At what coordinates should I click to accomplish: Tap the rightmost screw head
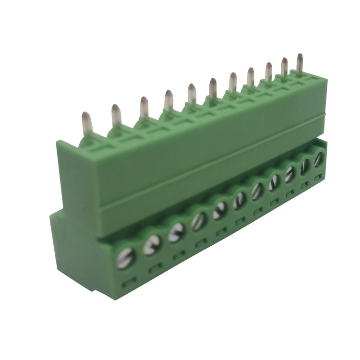coord(318,160)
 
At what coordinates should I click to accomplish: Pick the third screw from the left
coord(176,232)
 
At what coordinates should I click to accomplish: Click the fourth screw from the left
coord(198,221)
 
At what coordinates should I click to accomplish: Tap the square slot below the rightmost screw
coord(317,179)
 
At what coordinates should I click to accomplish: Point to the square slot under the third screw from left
coord(179,255)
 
